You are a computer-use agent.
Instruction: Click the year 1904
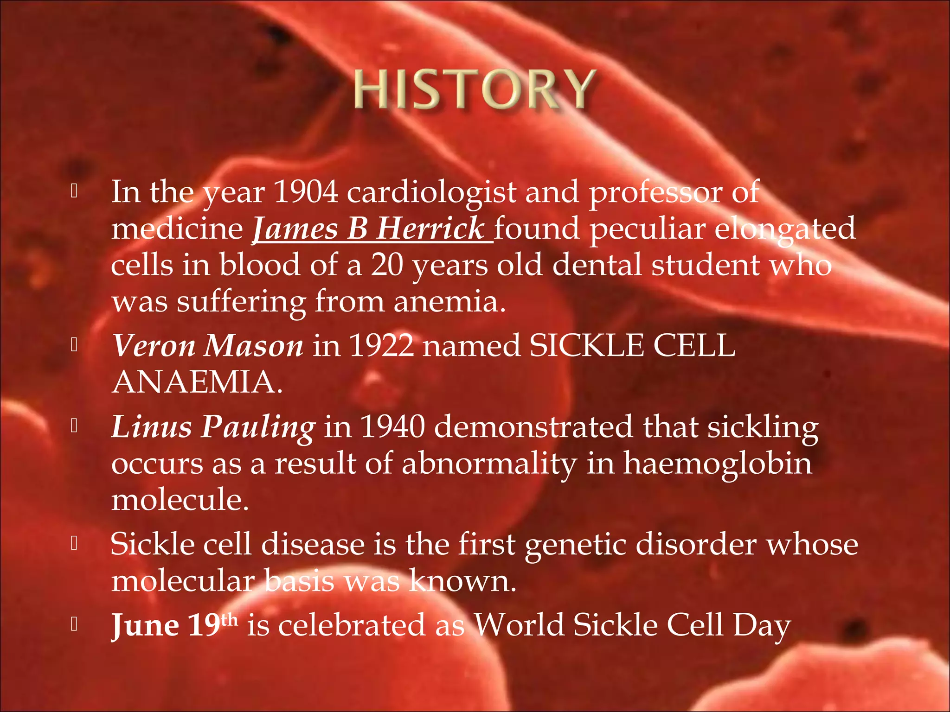[x=306, y=192]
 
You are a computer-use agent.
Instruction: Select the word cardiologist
[x=431, y=193]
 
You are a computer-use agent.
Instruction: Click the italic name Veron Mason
[x=208, y=346]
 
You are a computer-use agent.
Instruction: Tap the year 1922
[x=380, y=346]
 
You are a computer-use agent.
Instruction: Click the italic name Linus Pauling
[x=213, y=426]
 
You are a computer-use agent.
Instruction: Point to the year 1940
[x=392, y=426]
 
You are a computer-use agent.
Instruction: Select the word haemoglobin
[x=717, y=463]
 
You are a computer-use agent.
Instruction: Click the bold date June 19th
[x=174, y=625]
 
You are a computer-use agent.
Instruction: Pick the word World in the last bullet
[x=520, y=625]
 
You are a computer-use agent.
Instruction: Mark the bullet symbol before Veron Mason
[x=74, y=344]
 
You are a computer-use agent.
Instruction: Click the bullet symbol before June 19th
[x=74, y=624]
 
